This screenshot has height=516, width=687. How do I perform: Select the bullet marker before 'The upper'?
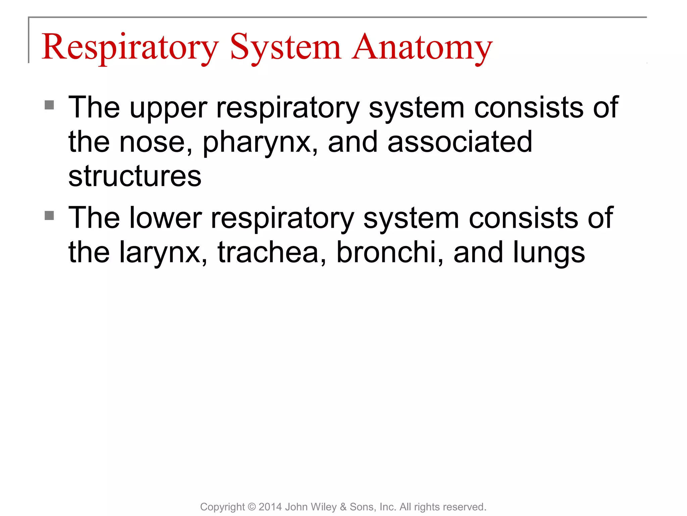(x=49, y=105)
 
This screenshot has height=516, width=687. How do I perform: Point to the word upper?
(x=168, y=108)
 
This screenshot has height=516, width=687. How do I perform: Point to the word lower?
(x=165, y=218)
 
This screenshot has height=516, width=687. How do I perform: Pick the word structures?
(x=135, y=176)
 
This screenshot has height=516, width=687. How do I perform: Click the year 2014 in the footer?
(x=270, y=507)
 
